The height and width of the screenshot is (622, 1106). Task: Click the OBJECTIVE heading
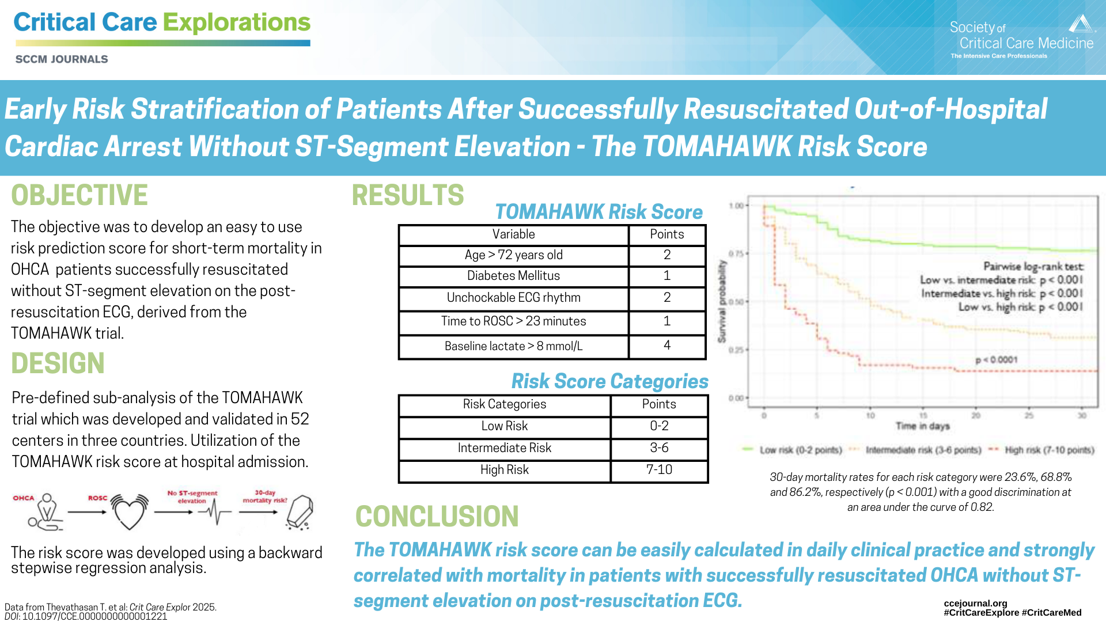click(79, 195)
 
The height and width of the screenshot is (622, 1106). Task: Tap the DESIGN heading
click(58, 363)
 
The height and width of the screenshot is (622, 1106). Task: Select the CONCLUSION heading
click(437, 516)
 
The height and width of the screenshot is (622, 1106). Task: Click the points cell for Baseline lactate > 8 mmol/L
click(666, 346)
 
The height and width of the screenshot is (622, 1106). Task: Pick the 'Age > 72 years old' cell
click(513, 255)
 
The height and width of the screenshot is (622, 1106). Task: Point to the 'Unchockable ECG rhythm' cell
click(513, 298)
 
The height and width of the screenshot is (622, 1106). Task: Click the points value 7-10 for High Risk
click(659, 470)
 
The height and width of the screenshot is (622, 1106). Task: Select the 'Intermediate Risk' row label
click(504, 448)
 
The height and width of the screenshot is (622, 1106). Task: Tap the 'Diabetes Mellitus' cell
click(513, 276)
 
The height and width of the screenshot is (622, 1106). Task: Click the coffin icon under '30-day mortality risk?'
click(300, 512)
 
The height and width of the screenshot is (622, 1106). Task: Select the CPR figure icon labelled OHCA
click(46, 512)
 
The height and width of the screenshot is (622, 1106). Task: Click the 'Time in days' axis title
click(922, 426)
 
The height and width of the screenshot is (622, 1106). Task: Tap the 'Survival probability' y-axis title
click(722, 301)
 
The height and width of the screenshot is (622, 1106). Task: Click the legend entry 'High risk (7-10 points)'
click(1048, 450)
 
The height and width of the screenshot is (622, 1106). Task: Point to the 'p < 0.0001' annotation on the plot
click(996, 360)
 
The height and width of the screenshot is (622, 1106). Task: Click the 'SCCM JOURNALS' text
click(62, 59)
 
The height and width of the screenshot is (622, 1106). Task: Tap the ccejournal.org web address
click(975, 603)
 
